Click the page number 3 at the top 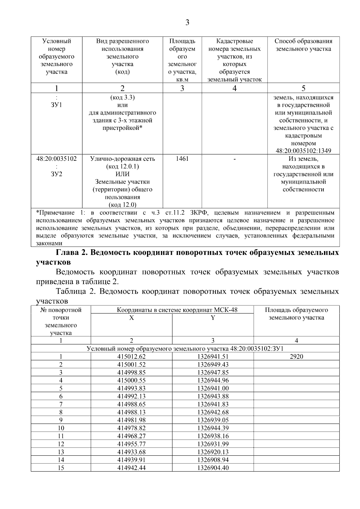pyautogui.click(x=187, y=23)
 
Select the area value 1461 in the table pyautogui.click(x=182, y=159)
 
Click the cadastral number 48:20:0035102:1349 pyautogui.click(x=303, y=151)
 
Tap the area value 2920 pyautogui.click(x=296, y=357)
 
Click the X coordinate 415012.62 pyautogui.click(x=131, y=357)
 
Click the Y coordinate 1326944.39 pyautogui.click(x=213, y=428)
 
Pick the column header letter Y pyautogui.click(x=213, y=318)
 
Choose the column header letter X pyautogui.click(x=131, y=318)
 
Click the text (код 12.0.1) pyautogui.click(x=122, y=166)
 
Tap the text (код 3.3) pyautogui.click(x=122, y=97)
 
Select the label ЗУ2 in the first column pyautogui.click(x=56, y=174)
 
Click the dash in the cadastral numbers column pyautogui.click(x=234, y=159)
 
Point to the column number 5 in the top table pyautogui.click(x=303, y=88)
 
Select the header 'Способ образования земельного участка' pyautogui.click(x=303, y=45)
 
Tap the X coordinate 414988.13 pyautogui.click(x=131, y=412)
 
